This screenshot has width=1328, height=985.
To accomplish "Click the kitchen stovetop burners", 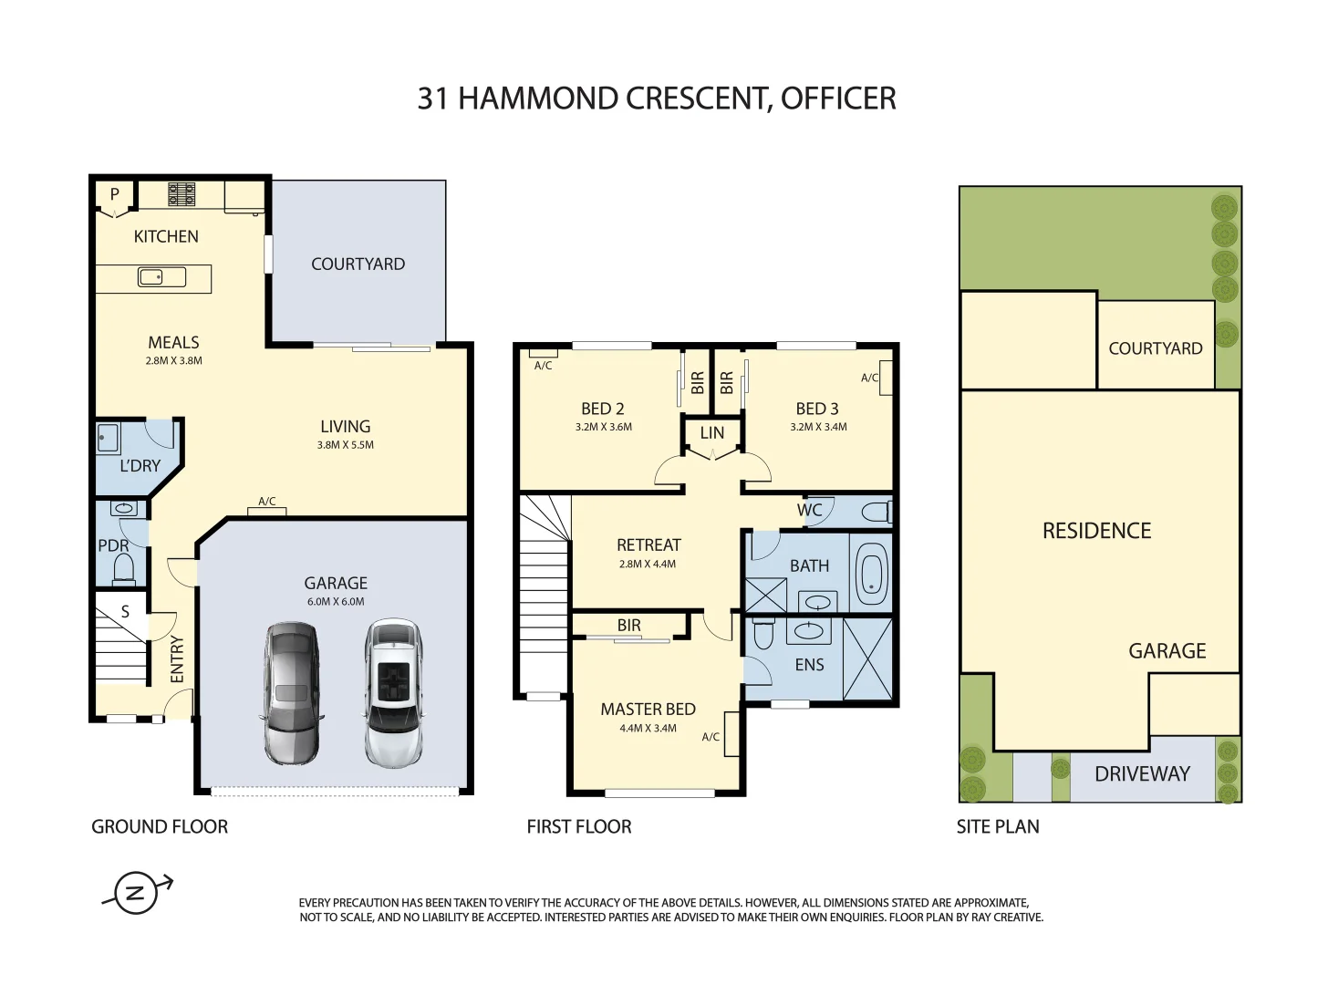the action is click(x=181, y=194).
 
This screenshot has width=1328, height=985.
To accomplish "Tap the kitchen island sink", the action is click(x=161, y=277).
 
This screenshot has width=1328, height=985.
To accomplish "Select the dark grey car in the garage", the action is click(x=291, y=693).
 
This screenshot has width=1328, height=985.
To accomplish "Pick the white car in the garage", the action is click(x=393, y=693).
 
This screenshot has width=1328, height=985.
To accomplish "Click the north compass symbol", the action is click(x=136, y=892).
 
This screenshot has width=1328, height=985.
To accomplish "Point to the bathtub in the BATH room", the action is click(x=870, y=573).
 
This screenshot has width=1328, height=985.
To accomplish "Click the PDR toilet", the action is click(x=124, y=568).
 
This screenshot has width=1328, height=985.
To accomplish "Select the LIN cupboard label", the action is click(x=712, y=432).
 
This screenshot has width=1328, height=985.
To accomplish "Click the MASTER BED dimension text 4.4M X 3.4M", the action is click(x=648, y=728).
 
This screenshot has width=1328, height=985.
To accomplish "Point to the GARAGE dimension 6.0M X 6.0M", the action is click(x=336, y=601).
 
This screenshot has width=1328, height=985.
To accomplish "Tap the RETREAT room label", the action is click(x=648, y=544).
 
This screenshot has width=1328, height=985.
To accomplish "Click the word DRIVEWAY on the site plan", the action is click(x=1142, y=773).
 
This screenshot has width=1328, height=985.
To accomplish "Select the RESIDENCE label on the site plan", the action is click(x=1097, y=531).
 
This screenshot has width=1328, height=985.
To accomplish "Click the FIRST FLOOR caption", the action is click(x=579, y=826).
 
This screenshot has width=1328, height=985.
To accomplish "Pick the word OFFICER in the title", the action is click(x=838, y=98).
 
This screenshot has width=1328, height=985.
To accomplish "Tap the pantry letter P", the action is click(x=114, y=193).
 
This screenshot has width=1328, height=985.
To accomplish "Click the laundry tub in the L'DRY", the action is click(x=109, y=439).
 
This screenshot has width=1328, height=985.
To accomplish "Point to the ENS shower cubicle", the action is click(x=867, y=658).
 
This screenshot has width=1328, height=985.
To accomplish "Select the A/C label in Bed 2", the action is click(x=543, y=365).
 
